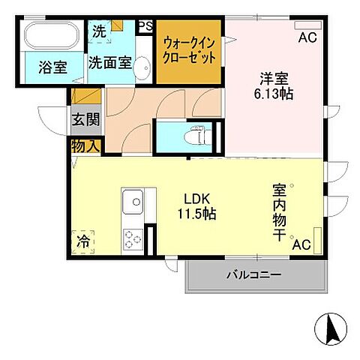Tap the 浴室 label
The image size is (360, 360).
click(x=53, y=67)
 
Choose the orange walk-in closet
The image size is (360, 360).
click(x=190, y=51)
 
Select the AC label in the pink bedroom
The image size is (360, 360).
click(x=307, y=37)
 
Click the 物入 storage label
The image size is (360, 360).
click(x=85, y=146)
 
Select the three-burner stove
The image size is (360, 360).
click(x=133, y=239)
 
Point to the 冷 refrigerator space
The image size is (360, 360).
click(x=82, y=242)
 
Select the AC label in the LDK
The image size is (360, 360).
click(x=301, y=244)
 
